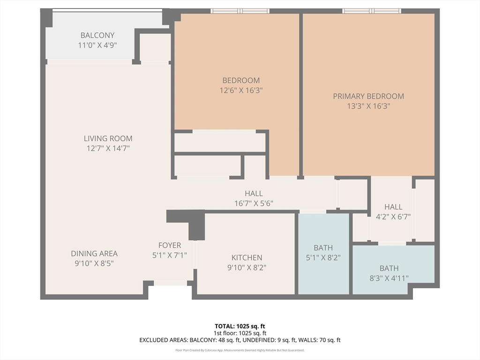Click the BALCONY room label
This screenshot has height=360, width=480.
coord(97,35)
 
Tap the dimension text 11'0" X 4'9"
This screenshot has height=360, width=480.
coord(97,45)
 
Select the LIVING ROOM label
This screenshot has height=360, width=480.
coord(108,138)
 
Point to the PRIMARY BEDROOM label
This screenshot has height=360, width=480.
coord(368,96)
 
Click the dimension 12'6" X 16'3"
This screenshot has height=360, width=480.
coord(241,90)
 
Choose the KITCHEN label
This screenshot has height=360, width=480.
coord(247,257)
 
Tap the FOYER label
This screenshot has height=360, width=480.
coord(170,245)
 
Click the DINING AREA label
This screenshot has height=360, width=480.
coord(94,254)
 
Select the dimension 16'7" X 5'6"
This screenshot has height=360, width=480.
coord(254,203)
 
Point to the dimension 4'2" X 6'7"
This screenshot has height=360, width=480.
coord(393,217)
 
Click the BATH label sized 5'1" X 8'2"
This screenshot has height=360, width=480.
coord(323,247)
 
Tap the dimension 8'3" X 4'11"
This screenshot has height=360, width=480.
coord(389,278)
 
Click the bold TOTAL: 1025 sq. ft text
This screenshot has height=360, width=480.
coord(240,326)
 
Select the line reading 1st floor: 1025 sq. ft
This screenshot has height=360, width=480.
coord(240,333)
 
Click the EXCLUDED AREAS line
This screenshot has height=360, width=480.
coord(240,340)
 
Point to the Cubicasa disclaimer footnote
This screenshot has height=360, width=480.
coord(240,350)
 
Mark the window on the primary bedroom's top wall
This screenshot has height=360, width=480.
coord(372,11)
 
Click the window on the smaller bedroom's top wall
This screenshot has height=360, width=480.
coord(240,11)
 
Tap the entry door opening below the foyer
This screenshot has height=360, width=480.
coord(171,283)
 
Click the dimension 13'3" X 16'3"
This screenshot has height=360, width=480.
coord(368,106)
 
